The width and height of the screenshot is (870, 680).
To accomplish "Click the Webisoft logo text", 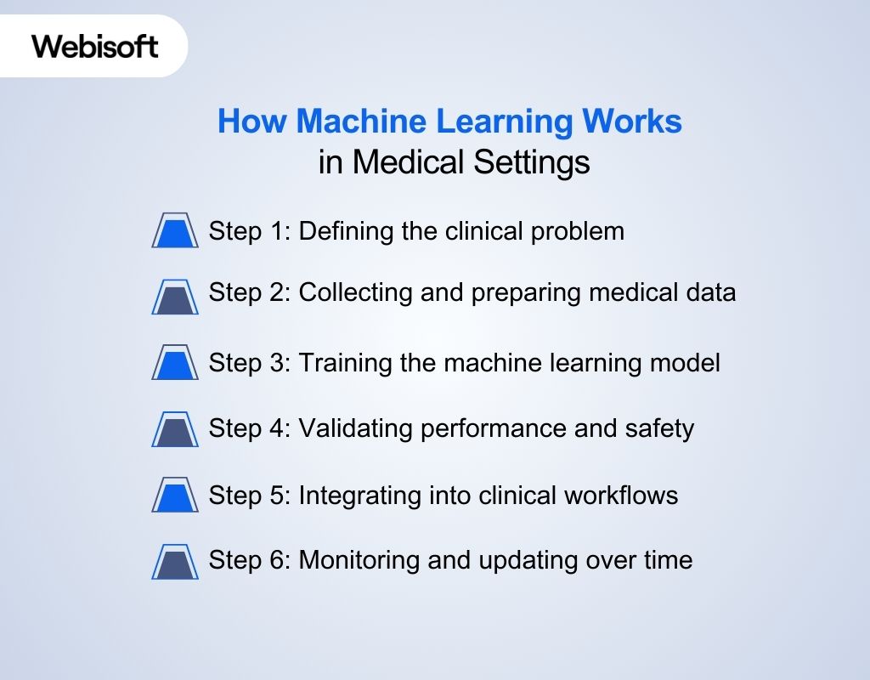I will [x=95, y=45].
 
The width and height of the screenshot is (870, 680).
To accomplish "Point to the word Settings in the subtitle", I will [x=532, y=161].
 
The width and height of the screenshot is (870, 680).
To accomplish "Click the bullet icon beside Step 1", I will [x=175, y=230].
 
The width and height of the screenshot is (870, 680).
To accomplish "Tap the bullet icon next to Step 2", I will [x=175, y=297].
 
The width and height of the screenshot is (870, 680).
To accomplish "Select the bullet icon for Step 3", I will [x=175, y=362].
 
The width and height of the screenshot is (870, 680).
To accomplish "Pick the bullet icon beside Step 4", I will [x=175, y=428].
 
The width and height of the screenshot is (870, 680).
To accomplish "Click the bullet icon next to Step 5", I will [x=175, y=495].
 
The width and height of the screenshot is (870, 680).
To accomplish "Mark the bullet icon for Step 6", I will [x=175, y=561].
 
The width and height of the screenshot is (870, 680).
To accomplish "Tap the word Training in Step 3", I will [x=343, y=363].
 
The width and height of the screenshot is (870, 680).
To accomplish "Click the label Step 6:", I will [x=250, y=561].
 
